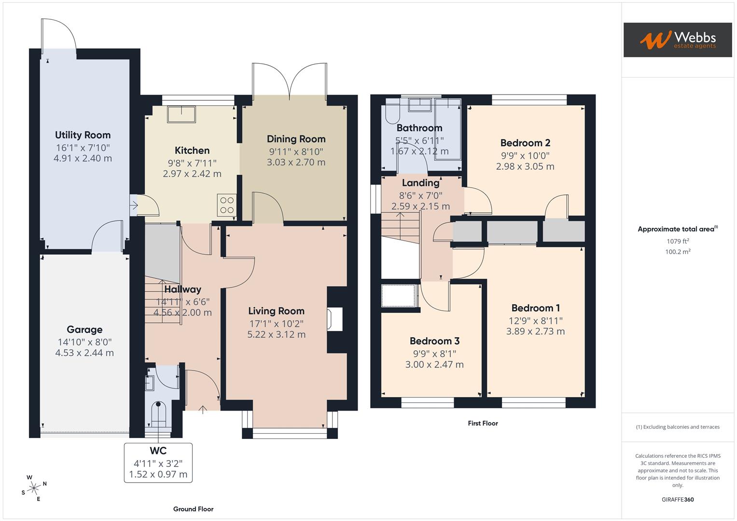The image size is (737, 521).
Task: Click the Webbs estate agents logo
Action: click(x=677, y=40)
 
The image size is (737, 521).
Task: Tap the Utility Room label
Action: click(x=83, y=135)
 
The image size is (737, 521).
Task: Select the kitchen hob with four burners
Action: click(x=226, y=205)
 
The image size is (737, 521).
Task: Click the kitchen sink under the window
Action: click(x=181, y=115)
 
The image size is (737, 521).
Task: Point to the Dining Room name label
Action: click(x=296, y=139)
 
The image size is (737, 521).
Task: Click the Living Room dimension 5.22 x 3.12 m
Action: click(x=276, y=334)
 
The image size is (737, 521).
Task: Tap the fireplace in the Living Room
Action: click(x=334, y=319)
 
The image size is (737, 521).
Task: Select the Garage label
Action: click(x=84, y=329)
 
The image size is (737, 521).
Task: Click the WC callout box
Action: click(x=158, y=463)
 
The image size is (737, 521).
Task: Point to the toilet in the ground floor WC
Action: click(x=158, y=414)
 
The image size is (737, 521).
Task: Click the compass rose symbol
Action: click(x=34, y=488)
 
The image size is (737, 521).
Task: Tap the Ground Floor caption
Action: click(x=193, y=509)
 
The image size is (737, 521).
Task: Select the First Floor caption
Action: click(x=483, y=423)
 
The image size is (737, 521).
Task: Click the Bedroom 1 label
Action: click(x=535, y=308)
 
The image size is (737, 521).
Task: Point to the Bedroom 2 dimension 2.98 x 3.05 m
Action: click(x=525, y=166)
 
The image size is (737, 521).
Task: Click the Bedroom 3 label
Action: click(x=434, y=342)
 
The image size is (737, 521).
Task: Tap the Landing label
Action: click(x=420, y=183)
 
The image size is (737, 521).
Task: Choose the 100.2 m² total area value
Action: click(x=677, y=251)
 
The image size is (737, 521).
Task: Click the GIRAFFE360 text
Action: click(x=677, y=499)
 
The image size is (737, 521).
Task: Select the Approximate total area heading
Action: click(x=677, y=229)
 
